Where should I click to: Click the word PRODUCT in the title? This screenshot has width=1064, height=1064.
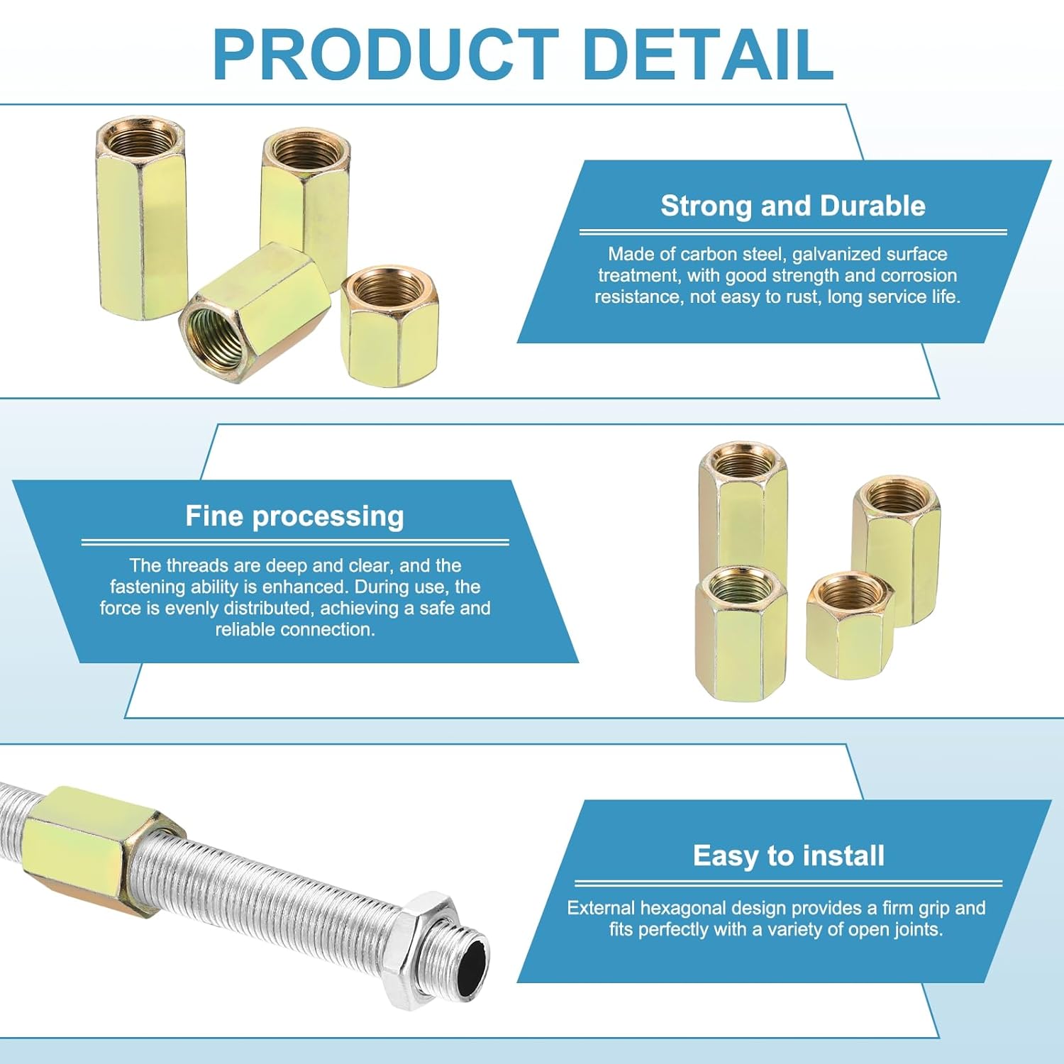[x=385, y=55]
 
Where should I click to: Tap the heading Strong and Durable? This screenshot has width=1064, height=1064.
[x=792, y=206]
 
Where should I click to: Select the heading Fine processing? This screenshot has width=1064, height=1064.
[x=294, y=516]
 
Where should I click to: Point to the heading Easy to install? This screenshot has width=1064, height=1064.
[x=788, y=855]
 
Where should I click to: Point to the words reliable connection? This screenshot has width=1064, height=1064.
[x=294, y=630]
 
